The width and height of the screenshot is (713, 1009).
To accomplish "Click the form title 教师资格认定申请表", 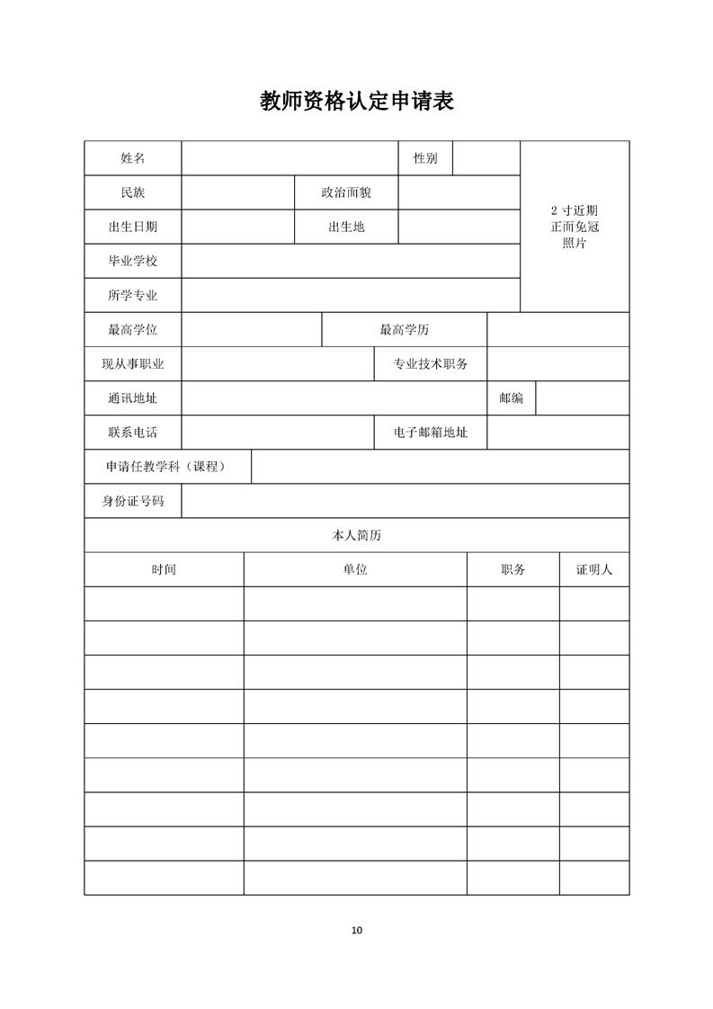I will click(356, 101).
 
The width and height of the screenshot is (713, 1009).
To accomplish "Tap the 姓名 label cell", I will click(132, 158).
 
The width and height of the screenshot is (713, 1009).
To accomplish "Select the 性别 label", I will click(425, 158).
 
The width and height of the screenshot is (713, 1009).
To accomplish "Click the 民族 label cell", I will click(132, 192).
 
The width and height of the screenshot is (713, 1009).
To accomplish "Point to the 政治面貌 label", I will click(346, 192).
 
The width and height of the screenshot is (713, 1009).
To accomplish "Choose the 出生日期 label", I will click(132, 227).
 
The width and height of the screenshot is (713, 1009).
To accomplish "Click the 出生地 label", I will click(346, 227).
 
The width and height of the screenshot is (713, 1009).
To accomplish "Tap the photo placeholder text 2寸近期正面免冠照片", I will click(575, 227).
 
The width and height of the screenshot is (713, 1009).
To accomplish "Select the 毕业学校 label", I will click(132, 261).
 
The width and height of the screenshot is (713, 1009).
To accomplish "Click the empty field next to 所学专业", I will click(351, 295).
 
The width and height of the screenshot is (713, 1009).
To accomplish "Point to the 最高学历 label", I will click(405, 330).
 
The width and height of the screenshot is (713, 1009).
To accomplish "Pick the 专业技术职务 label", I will click(431, 364).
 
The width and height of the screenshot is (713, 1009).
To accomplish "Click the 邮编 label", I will click(511, 398).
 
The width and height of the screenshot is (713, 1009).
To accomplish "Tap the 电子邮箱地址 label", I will click(431, 433).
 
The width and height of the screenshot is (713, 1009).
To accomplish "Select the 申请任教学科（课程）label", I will click(167, 467).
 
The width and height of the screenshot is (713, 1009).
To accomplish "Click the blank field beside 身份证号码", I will click(405, 501).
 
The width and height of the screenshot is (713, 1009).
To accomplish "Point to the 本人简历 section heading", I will click(356, 535).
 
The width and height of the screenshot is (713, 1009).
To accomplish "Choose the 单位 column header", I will click(355, 569).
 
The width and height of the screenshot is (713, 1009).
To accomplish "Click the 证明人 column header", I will click(594, 569).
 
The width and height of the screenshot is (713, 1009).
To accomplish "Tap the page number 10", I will click(356, 930).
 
